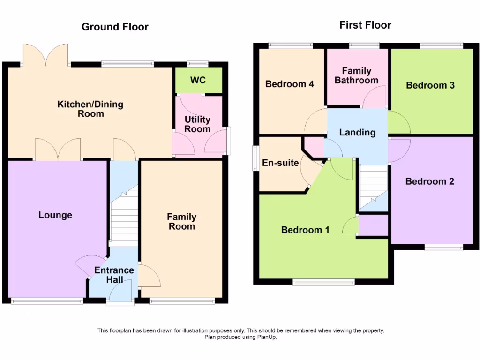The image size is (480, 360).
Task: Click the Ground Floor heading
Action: [x=115, y=27]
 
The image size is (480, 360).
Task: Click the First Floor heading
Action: [x=365, y=25]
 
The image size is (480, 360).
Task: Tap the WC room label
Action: [x=198, y=80]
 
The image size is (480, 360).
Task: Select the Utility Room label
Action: [x=197, y=124]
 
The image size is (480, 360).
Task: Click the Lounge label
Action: [x=55, y=215]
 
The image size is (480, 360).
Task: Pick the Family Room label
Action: [x=181, y=222]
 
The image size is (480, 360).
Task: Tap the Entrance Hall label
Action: [x=114, y=275]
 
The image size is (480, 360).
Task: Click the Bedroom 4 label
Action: [x=289, y=84]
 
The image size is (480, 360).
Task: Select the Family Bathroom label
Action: [x=356, y=75]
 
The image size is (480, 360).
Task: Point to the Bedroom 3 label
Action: [x=430, y=85]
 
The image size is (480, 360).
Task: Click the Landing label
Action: [x=357, y=133]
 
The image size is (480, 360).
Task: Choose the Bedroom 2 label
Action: [x=429, y=181]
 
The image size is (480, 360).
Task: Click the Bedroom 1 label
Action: [x=305, y=230]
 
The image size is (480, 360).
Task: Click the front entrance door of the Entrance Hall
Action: [x=120, y=295]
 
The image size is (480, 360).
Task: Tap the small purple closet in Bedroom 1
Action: [x=373, y=225]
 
